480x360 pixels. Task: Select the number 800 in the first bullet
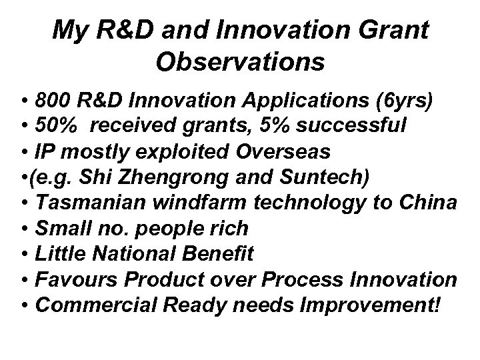point(53,102)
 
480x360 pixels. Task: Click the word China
point(430,203)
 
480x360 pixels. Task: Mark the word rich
point(227,228)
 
